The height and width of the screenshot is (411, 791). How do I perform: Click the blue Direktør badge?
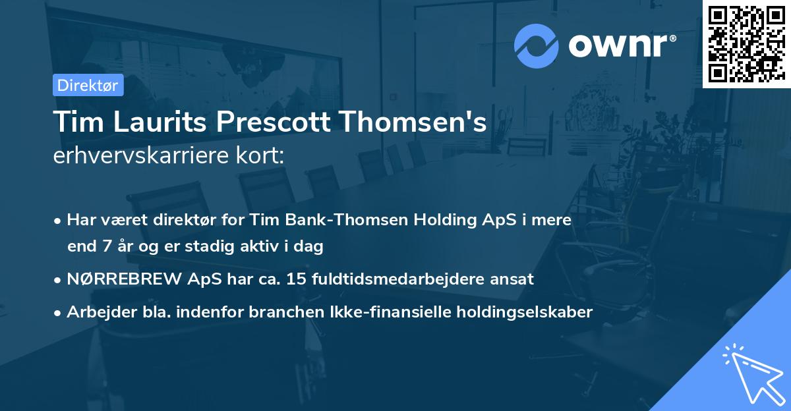[88, 85]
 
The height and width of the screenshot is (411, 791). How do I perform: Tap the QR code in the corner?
[746, 43]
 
